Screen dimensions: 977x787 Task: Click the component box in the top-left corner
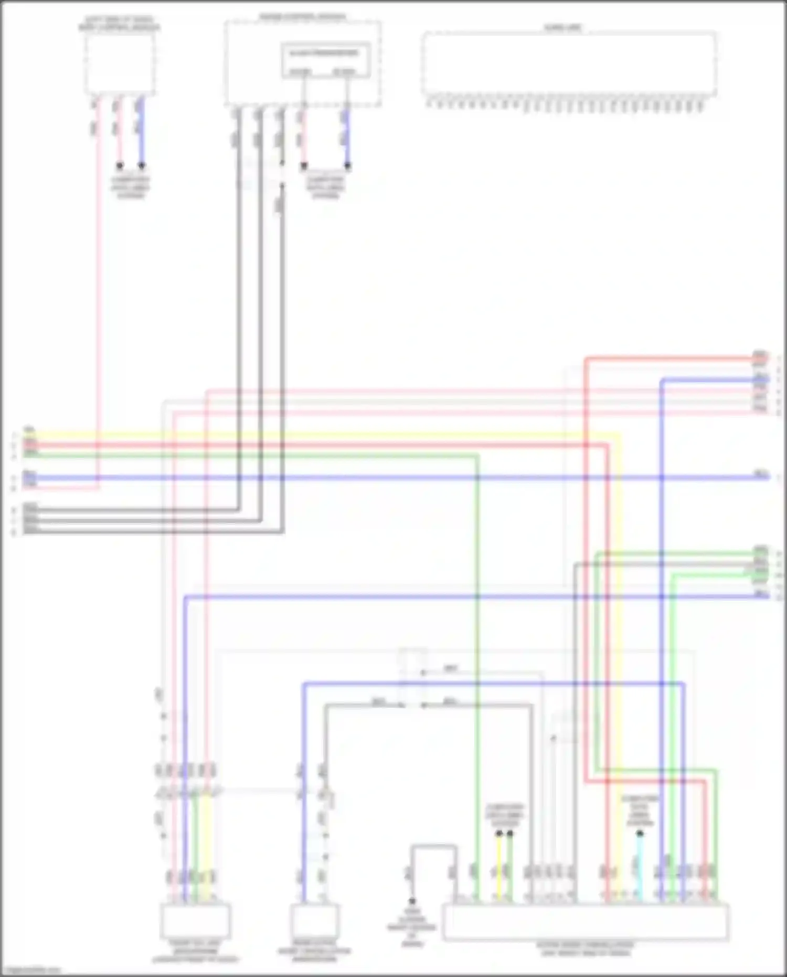(x=120, y=65)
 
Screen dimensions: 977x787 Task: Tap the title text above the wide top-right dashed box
(x=563, y=27)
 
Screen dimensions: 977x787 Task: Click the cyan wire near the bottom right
(x=639, y=869)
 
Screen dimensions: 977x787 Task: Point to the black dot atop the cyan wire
(x=640, y=833)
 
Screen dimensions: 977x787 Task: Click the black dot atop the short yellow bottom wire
(x=499, y=833)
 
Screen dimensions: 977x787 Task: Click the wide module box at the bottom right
(x=585, y=922)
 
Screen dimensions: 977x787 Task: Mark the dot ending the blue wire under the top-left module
(x=142, y=166)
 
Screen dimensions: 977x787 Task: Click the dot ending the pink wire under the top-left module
(x=120, y=166)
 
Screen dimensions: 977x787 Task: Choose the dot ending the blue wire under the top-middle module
(x=347, y=166)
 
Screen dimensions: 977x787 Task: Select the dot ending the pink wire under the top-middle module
(x=304, y=166)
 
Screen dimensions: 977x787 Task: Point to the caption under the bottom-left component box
(x=195, y=951)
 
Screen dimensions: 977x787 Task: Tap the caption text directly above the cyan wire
(x=640, y=811)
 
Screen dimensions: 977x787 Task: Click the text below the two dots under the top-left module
(x=130, y=187)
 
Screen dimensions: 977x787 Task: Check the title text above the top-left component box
(x=120, y=24)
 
